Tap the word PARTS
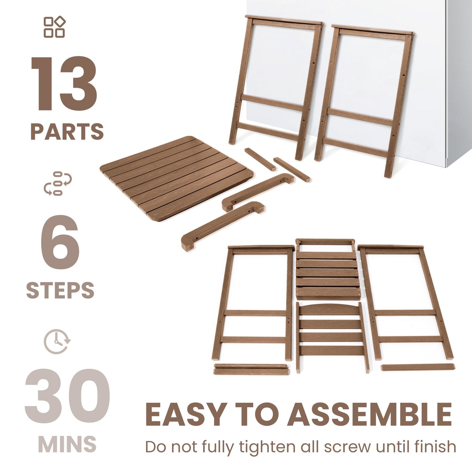[67, 132]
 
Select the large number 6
[60, 243]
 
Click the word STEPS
[60, 290]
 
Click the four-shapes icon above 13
[55, 27]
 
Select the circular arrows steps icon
[58, 183]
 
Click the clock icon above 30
[57, 341]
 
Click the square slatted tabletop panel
[176, 178]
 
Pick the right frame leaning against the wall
[364, 98]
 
